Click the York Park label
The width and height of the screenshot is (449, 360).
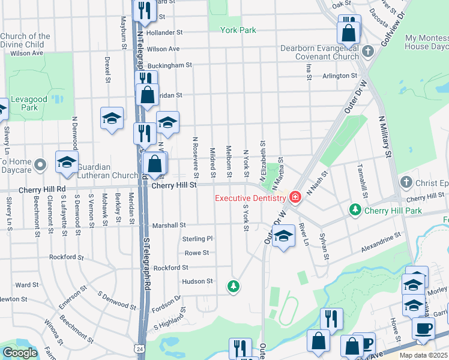pos(238,30)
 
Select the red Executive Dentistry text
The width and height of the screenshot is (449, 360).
pos(250,198)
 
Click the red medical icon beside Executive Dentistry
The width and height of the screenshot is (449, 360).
pos(295,197)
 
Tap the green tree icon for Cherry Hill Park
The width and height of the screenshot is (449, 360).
pos(355,209)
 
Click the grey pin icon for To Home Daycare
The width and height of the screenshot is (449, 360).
pos(40,164)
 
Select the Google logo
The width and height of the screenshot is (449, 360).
pos(20,353)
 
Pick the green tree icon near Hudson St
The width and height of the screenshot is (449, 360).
pos(233,287)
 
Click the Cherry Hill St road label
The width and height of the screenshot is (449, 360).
pos(174,186)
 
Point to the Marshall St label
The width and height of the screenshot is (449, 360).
pos(169,226)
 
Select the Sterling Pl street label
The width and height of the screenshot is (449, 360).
pos(197,239)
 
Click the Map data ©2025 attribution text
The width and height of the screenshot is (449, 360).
pos(424,355)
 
